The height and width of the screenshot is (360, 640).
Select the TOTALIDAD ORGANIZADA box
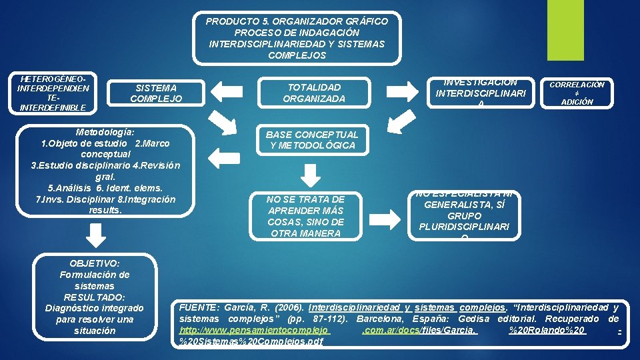click(313, 93)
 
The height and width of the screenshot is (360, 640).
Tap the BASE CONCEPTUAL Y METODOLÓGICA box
click(312, 140)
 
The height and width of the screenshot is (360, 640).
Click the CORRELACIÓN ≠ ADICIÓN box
click(578, 93)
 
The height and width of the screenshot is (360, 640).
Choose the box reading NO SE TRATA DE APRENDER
click(305, 216)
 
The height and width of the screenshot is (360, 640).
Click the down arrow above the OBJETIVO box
click(97, 235)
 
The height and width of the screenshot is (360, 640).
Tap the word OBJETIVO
click(94, 263)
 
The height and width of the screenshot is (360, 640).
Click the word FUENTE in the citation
click(198, 307)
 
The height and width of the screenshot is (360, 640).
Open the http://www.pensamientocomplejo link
click(255, 330)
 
